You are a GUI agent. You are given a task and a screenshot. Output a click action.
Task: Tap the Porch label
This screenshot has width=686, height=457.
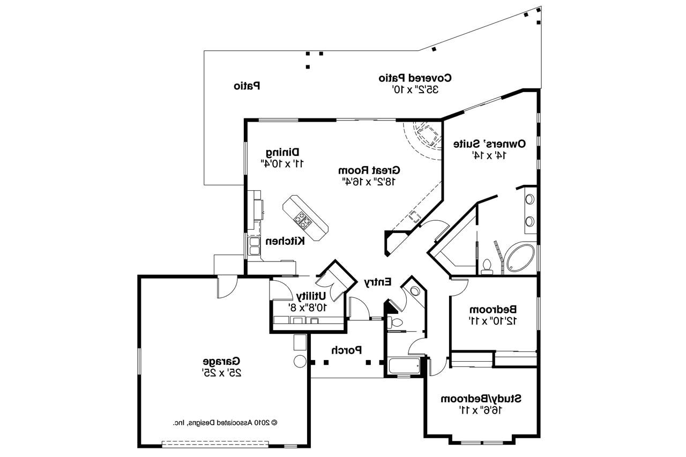tap(346, 350)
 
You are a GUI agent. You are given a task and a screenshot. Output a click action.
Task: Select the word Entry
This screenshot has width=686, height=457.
tap(378, 281)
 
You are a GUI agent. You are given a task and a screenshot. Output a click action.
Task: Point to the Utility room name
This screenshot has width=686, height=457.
tap(311, 296)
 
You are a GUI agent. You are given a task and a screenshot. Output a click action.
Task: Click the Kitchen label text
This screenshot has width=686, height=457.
tap(286, 241)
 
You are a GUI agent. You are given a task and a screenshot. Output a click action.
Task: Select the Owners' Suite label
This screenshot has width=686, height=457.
tap(489, 144)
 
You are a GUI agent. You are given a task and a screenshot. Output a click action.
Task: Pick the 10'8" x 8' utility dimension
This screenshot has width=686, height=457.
tap(308, 307)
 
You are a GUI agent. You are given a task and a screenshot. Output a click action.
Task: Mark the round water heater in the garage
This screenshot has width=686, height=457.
tap(300, 361)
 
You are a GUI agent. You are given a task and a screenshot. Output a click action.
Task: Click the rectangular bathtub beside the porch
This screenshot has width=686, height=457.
tap(404, 366)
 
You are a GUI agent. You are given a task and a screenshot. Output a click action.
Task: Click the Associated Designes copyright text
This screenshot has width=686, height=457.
tap(225, 422)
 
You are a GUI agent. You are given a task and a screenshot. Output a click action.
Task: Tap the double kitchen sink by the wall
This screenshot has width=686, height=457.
tap(253, 245)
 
